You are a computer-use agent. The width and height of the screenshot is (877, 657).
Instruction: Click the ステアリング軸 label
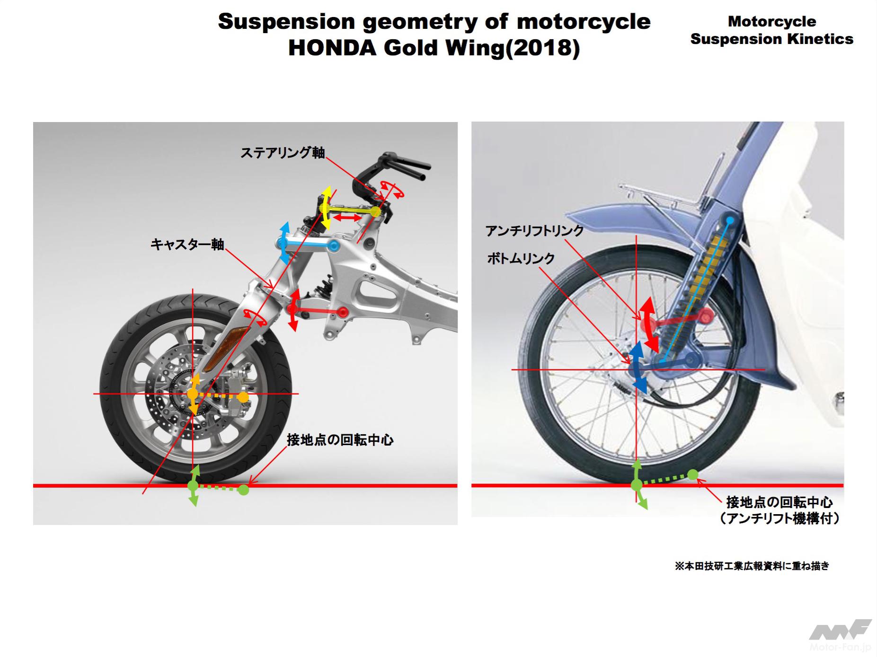click(x=283, y=152)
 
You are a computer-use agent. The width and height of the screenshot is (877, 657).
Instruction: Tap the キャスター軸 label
click(x=187, y=244)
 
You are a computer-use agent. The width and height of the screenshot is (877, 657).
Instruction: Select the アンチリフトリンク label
click(x=534, y=231)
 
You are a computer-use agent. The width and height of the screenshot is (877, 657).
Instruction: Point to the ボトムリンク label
click(x=521, y=258)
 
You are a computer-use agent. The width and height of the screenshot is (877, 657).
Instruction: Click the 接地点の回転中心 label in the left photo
click(x=340, y=440)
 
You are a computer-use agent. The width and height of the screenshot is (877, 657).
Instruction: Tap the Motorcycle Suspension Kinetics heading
click(x=771, y=30)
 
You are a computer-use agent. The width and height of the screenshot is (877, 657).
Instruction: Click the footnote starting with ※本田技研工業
click(x=752, y=566)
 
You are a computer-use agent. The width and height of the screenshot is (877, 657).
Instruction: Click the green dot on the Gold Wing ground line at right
click(x=243, y=490)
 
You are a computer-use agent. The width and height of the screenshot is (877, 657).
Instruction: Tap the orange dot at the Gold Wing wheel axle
click(x=193, y=394)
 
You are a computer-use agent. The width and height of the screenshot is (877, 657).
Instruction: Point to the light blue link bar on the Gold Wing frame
click(x=308, y=245)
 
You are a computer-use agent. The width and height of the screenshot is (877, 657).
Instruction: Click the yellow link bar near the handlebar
click(x=349, y=210)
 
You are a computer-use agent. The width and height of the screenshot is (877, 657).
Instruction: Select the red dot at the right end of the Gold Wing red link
click(x=342, y=312)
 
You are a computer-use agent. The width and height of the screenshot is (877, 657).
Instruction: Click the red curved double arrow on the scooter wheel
click(x=647, y=324)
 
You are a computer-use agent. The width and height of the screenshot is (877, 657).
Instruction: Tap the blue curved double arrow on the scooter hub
click(x=636, y=367)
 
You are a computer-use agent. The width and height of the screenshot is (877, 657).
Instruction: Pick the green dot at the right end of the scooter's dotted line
click(x=692, y=474)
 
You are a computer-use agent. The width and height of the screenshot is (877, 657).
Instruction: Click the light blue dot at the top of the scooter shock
click(x=730, y=220)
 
